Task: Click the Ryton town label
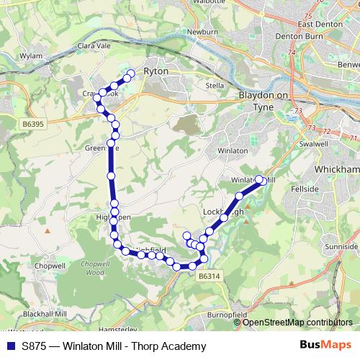(156, 71)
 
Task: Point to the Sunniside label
(341, 246)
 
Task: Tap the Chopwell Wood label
(94, 269)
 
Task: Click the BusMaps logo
(325, 346)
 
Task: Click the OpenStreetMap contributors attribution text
(297, 322)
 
